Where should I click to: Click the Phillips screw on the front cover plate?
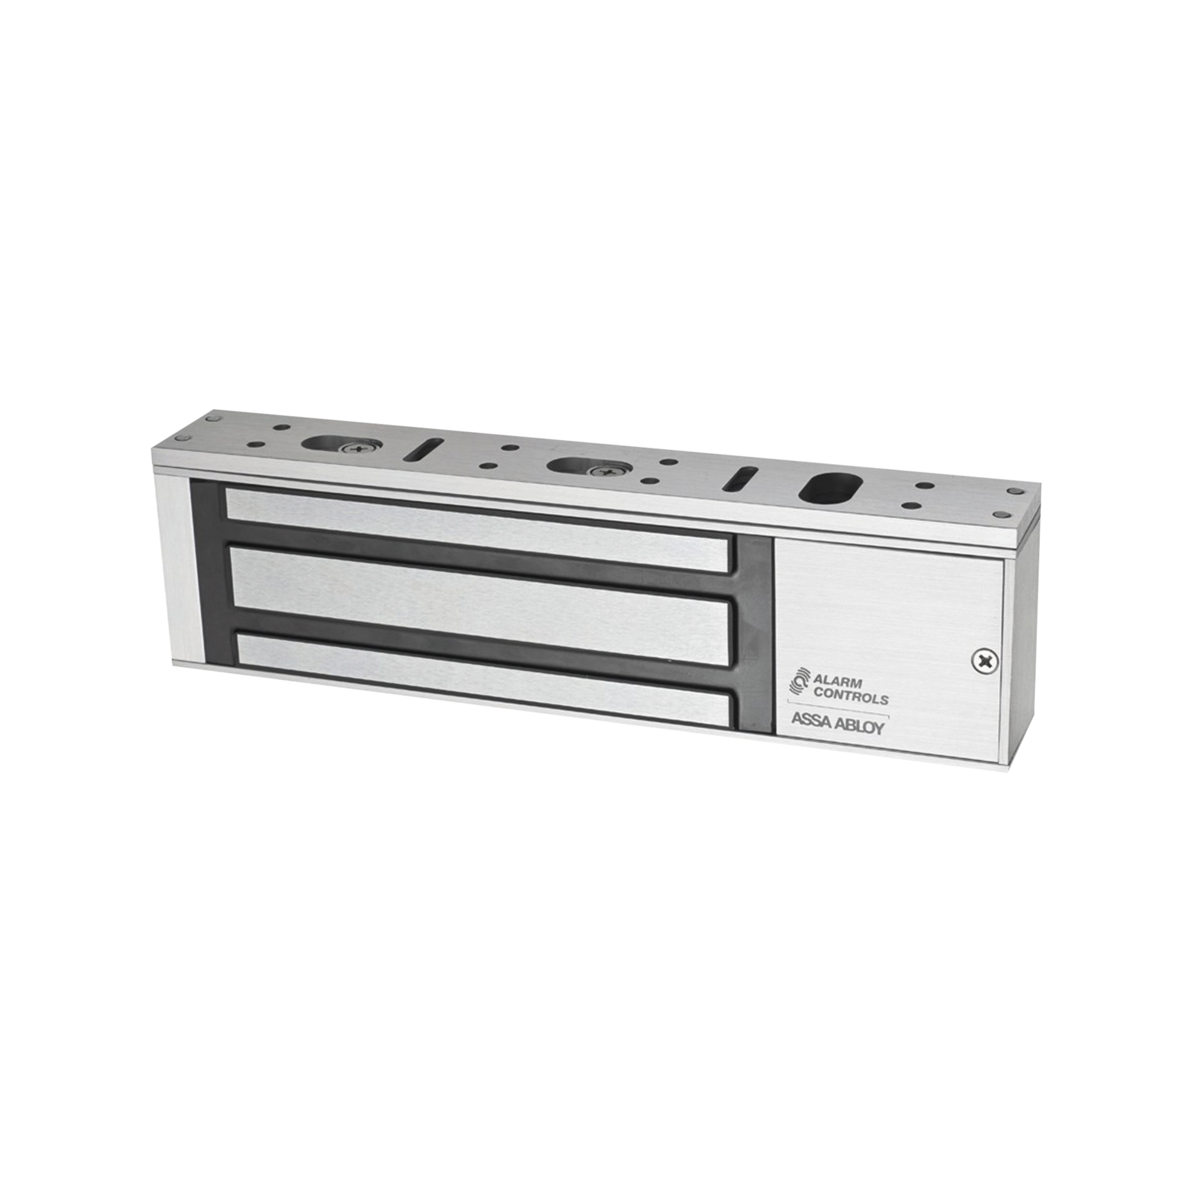click(983, 661)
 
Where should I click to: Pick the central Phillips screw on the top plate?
click(599, 472)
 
